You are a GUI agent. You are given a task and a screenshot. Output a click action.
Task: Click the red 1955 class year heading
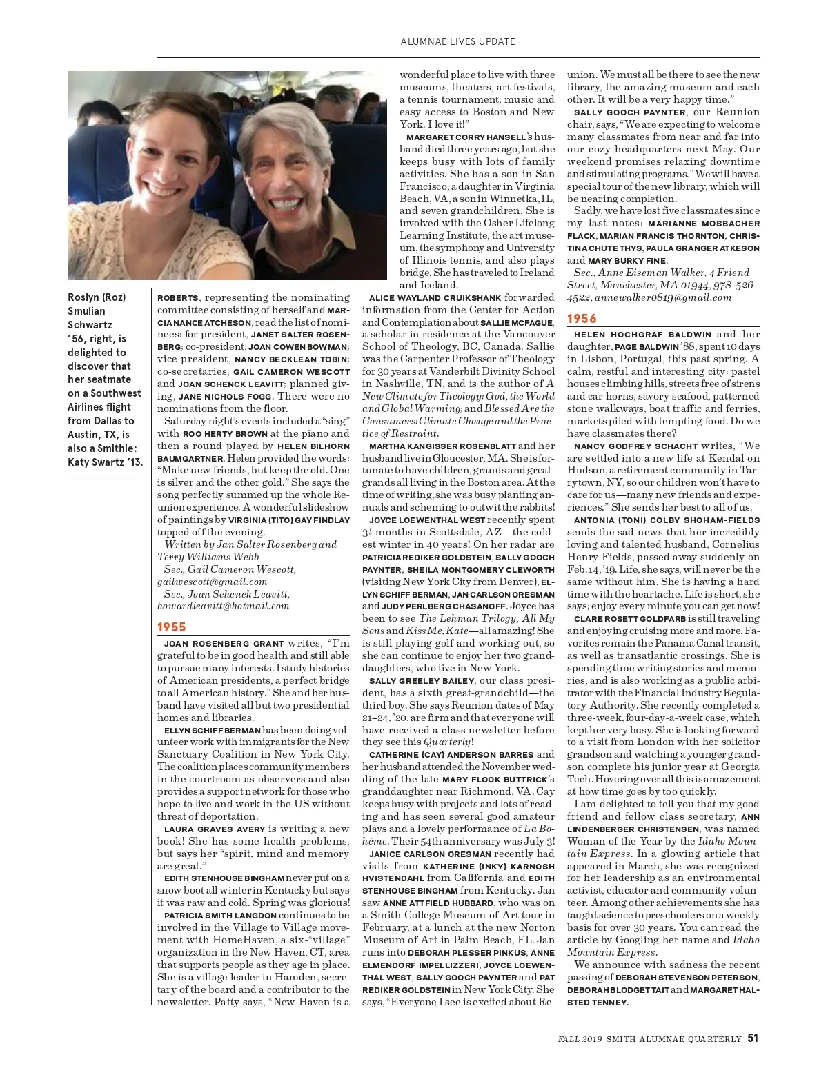[x=172, y=627]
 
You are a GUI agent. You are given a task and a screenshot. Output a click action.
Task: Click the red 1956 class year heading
[x=582, y=318]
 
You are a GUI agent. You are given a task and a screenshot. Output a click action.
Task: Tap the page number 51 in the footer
[x=753, y=1038]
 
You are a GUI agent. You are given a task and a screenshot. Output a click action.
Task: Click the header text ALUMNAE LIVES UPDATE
[x=457, y=41]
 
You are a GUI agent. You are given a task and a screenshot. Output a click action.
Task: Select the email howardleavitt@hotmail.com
[x=223, y=606]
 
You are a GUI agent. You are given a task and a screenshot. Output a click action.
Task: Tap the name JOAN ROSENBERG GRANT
[x=224, y=643]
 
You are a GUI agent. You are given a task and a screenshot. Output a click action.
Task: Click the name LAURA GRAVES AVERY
[x=215, y=829]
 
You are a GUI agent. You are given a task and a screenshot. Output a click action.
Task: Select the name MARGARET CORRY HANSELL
[x=466, y=137]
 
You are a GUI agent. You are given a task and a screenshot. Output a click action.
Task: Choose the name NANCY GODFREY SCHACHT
[x=634, y=446]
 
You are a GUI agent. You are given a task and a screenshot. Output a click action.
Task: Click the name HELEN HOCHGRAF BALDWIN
[x=642, y=335]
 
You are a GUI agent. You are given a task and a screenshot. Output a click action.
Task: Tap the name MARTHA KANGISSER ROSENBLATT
[x=442, y=446]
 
